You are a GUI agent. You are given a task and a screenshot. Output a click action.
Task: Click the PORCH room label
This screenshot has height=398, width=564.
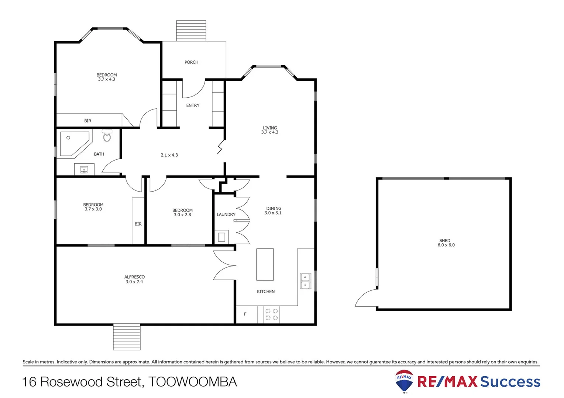point(191,62)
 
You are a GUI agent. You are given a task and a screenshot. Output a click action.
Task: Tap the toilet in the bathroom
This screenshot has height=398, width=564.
point(107,136)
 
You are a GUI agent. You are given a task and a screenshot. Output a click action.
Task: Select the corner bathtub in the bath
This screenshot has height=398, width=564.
point(74,143)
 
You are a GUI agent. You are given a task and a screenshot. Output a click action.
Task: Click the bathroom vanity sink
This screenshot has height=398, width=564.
point(84,170)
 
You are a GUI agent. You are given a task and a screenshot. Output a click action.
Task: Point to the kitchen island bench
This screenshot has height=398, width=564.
point(265,264)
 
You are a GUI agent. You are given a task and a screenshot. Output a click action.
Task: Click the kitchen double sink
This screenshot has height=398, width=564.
point(305,281)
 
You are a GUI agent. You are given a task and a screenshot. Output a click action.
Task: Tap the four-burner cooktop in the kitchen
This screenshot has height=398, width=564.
point(272,314)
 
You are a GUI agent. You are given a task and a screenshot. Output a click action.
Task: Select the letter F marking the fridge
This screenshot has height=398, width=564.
point(245,314)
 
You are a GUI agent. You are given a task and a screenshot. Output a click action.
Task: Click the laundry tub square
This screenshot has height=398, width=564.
point(221,237)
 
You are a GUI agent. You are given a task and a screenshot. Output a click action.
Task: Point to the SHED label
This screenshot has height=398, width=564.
point(445,240)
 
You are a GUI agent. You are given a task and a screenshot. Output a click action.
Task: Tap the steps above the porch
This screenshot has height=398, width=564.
point(191,31)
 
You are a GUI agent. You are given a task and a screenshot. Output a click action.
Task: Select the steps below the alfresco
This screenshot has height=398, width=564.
point(127,337)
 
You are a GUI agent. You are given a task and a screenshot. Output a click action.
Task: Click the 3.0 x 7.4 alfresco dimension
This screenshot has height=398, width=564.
point(134,282)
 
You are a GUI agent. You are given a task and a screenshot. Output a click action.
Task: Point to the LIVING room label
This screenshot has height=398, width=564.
point(270,128)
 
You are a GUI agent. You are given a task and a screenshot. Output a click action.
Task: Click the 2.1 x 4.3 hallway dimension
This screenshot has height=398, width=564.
point(169,155)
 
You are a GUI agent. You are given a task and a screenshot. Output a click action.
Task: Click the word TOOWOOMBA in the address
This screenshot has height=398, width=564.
point(192,382)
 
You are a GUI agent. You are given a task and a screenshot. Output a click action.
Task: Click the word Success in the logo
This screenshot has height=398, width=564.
point(510,382)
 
